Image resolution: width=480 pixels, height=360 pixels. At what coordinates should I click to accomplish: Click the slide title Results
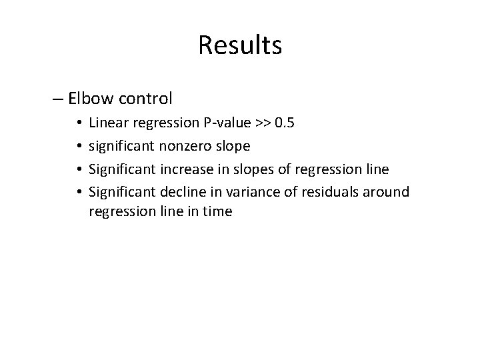point(240,45)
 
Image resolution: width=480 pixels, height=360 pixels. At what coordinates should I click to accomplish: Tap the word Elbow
point(91,99)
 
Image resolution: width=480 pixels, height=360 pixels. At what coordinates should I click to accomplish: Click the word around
point(389,192)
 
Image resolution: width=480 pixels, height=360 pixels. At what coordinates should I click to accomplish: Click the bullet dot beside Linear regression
point(79,123)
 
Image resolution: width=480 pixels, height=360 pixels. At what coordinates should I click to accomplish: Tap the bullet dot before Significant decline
point(79,193)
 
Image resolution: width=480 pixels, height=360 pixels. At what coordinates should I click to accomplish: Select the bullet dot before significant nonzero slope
point(79,146)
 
